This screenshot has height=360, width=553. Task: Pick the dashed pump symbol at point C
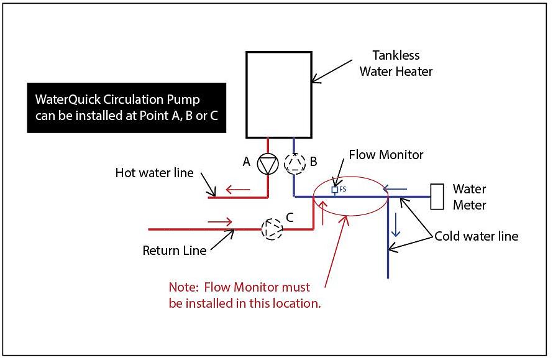coord(272,229)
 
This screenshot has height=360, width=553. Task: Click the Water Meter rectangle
coord(437,196)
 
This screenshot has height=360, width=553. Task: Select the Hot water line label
coord(154,173)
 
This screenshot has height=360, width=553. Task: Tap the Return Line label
coord(174,251)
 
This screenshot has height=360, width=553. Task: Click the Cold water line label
coord(476,236)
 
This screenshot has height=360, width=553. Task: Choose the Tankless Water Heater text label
coord(402,63)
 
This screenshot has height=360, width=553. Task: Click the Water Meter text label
coord(470,196)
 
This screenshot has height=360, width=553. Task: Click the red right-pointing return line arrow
coord(220,221)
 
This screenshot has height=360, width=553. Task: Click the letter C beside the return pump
coord(290,218)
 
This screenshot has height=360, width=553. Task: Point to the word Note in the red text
coord(183,288)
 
